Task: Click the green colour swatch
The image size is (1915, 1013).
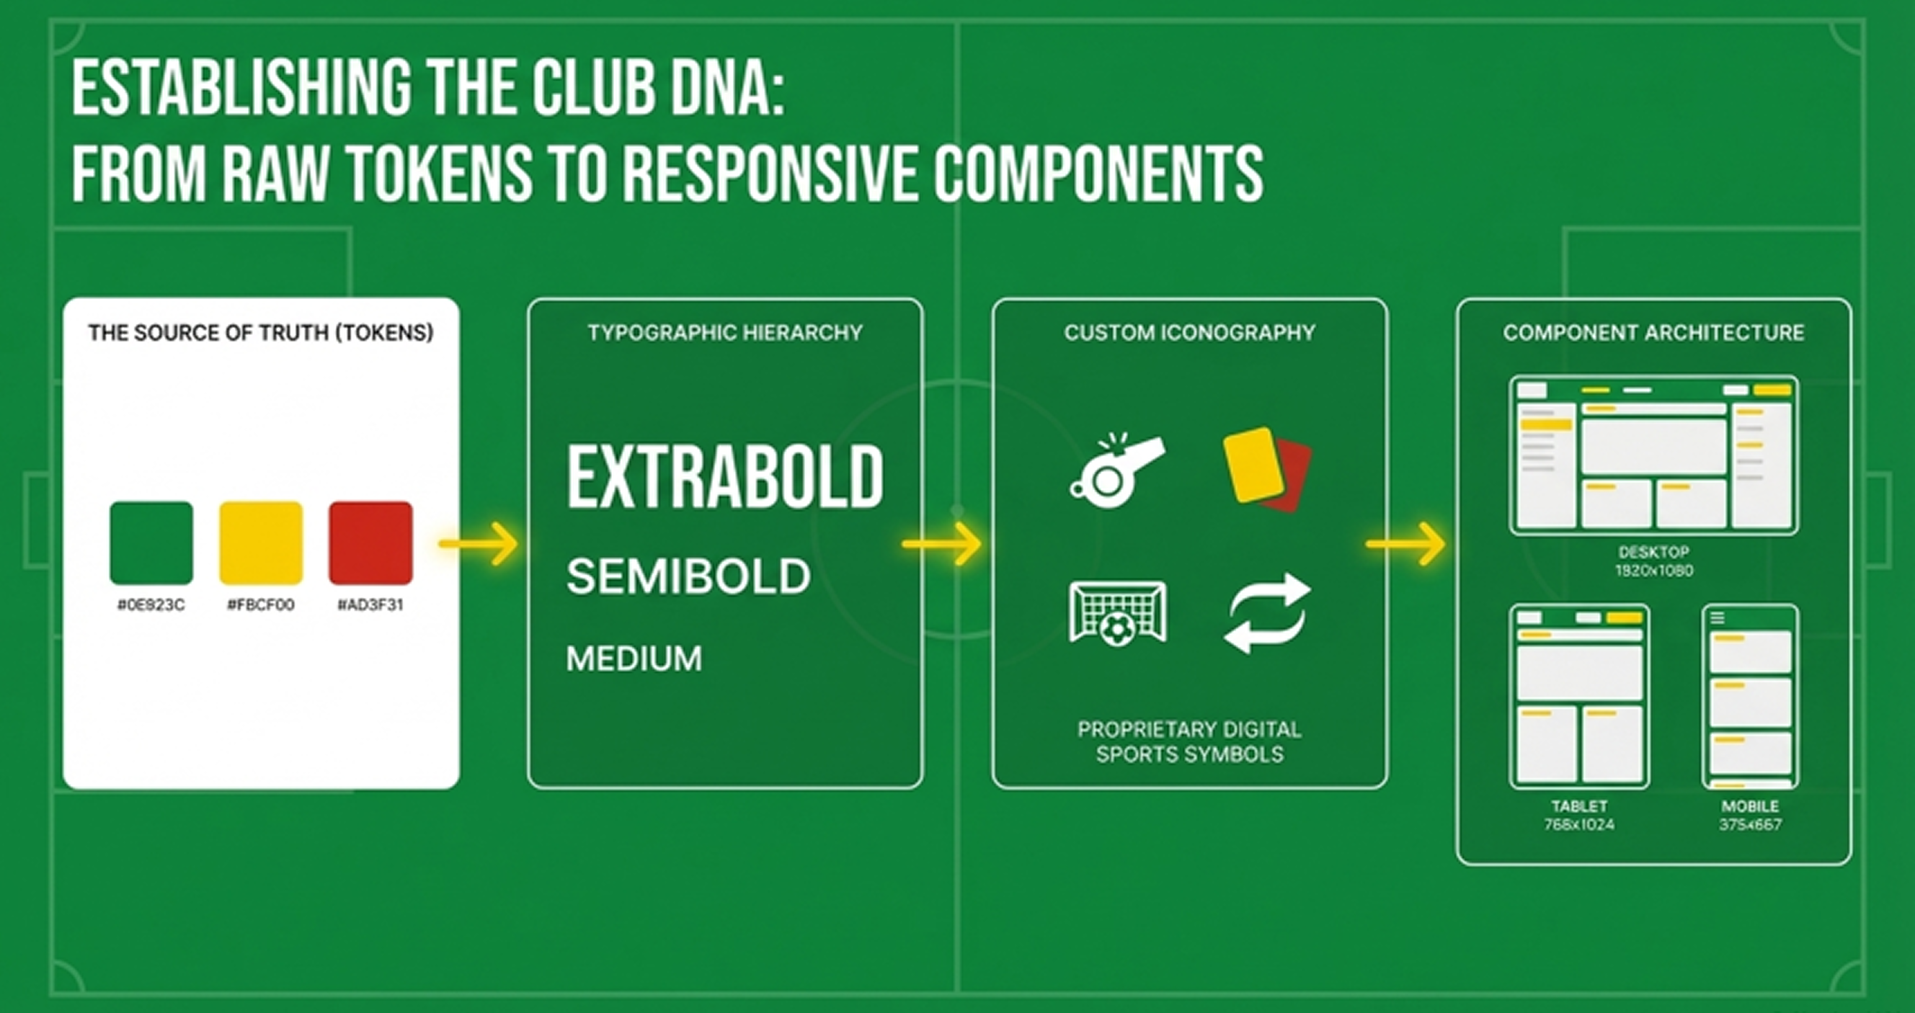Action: pos(151,543)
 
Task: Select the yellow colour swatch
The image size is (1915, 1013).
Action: pos(261,543)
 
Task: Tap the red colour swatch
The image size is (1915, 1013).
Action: pos(370,543)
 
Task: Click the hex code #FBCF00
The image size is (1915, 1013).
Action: pos(261,605)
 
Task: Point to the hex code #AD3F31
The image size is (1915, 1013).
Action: pos(370,605)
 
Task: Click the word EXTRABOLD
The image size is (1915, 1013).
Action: pos(725,477)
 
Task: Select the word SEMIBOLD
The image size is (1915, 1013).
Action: pos(688,576)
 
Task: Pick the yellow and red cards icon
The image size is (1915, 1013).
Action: pos(1267,469)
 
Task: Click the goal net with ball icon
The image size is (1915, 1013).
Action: pos(1117,614)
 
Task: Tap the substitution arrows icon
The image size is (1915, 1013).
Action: pos(1267,614)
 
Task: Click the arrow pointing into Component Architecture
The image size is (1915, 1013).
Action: pos(1406,544)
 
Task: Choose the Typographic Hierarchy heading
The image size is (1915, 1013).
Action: pos(725,332)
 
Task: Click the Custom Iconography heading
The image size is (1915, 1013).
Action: pos(1189,332)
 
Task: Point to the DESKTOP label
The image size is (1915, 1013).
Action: pos(1653,552)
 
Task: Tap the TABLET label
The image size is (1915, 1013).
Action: pos(1579,806)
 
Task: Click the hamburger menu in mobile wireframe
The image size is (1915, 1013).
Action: pos(1718,617)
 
